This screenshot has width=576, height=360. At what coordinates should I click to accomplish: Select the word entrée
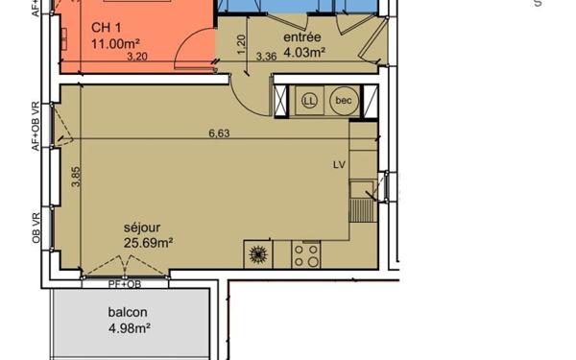(x=301, y=36)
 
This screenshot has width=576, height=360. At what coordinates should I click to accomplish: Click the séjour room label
(x=142, y=228)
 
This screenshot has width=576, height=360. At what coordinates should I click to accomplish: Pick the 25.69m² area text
(x=148, y=244)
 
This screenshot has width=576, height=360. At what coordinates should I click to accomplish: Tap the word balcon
(x=128, y=313)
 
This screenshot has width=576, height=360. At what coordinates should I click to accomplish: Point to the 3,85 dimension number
(x=76, y=176)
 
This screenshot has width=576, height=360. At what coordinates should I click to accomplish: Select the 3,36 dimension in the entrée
(x=267, y=58)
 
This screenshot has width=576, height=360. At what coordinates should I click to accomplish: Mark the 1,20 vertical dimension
(x=242, y=43)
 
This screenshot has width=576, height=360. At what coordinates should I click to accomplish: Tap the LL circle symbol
(x=309, y=100)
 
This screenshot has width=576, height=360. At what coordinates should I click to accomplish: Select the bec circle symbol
(x=342, y=100)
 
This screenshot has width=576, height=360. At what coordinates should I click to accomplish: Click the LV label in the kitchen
(x=339, y=164)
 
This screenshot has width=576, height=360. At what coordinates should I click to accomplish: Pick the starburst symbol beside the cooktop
(x=256, y=255)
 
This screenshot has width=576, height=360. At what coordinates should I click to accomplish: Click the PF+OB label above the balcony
(x=124, y=284)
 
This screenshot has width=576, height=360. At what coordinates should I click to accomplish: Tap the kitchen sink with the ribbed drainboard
(x=361, y=201)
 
